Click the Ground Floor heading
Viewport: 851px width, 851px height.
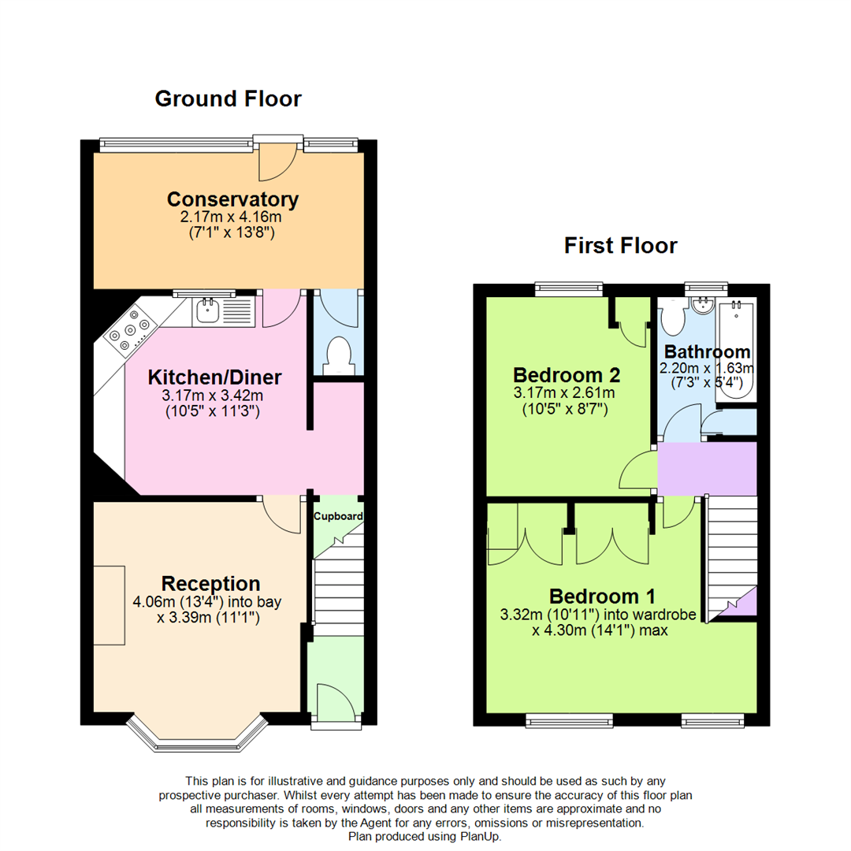[x=228, y=98]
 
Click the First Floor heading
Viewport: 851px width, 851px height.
[x=620, y=246]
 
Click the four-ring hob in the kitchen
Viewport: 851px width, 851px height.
[x=131, y=331]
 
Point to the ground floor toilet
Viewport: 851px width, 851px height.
[x=338, y=355]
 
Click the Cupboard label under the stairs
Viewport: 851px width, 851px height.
[x=339, y=517]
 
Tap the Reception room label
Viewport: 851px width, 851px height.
[x=210, y=584]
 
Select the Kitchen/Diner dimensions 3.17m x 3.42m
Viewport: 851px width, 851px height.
[x=213, y=396]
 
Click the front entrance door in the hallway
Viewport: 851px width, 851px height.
[x=333, y=701]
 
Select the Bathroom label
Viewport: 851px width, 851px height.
[x=707, y=351]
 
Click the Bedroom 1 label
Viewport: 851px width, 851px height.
[x=602, y=596]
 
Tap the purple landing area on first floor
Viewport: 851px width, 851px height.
[x=707, y=468]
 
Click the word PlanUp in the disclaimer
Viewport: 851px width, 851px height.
[x=481, y=836]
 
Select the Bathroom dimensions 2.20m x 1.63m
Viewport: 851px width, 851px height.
[x=707, y=368]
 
